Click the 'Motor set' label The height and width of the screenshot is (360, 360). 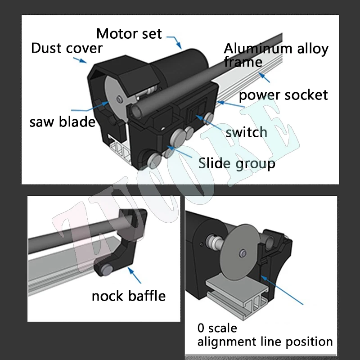(129, 34)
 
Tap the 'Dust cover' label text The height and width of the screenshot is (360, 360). (67, 48)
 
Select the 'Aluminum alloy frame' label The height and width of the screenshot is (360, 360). (276, 55)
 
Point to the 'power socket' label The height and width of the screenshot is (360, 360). (283, 95)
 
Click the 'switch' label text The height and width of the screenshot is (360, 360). (246, 132)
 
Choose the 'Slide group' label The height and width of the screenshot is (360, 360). (236, 163)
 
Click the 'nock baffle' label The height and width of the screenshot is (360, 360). (129, 296)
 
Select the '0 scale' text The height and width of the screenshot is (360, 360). (217, 328)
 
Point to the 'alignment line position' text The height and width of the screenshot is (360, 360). (265, 342)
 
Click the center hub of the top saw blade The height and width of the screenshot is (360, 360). (118, 98)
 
